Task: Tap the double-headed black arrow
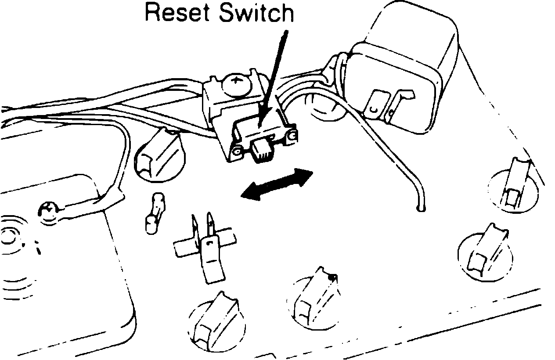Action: coord(277,185)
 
